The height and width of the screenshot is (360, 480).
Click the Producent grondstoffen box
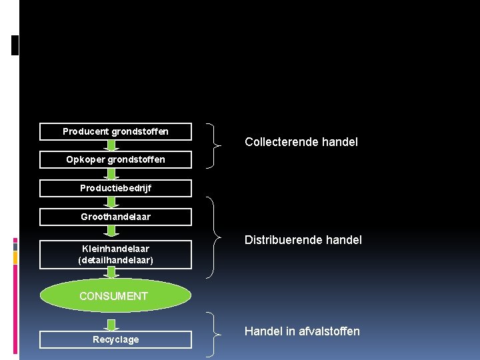click(115, 131)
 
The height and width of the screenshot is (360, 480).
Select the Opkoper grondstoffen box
click(115, 159)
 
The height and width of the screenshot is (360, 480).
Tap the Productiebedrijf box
click(115, 188)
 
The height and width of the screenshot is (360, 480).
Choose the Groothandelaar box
click(115, 217)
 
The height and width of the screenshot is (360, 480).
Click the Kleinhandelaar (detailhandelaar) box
click(115, 254)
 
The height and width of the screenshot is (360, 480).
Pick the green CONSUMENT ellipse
click(113, 295)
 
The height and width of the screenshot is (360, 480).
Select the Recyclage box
click(115, 339)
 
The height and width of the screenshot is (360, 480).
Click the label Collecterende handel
click(301, 141)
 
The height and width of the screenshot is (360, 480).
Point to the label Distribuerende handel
click(303, 239)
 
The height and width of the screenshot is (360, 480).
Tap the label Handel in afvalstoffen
click(302, 331)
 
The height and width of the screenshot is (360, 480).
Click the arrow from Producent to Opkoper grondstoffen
click(113, 145)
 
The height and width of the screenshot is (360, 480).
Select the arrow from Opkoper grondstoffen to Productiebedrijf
click(113, 173)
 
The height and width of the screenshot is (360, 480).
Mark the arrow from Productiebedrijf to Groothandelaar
click(113, 202)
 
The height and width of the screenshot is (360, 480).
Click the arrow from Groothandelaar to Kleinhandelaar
click(113, 231)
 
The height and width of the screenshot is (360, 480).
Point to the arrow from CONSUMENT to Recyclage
click(113, 324)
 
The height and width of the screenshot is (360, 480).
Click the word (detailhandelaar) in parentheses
click(115, 259)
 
